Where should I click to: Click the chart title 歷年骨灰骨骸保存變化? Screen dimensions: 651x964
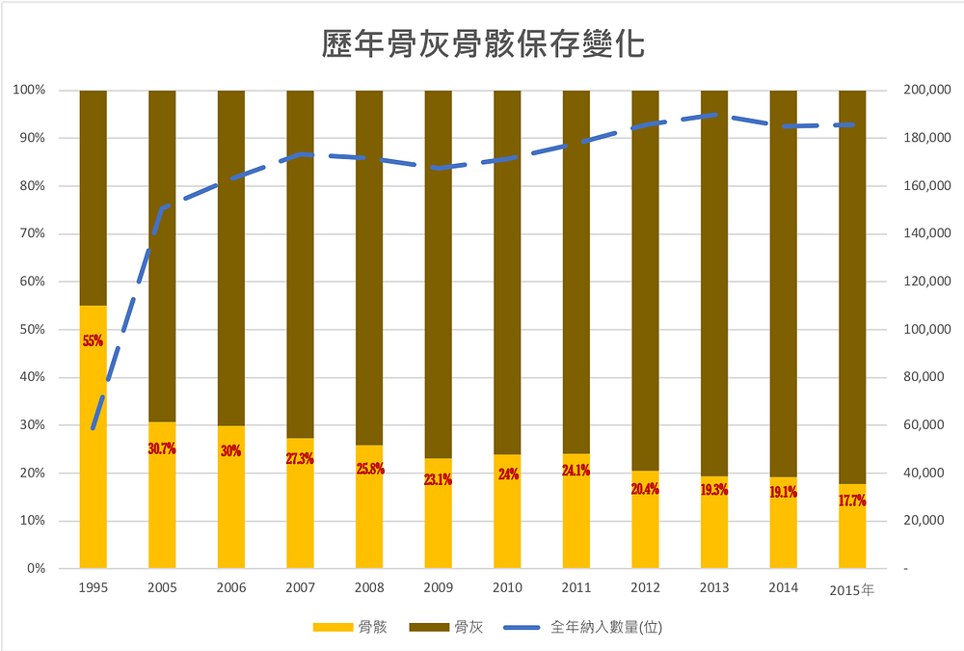coord(482,44)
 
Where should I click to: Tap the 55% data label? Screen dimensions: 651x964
coord(93,340)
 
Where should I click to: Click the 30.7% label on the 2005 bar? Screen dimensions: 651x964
coord(162,448)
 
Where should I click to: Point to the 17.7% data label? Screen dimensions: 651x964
coord(852,501)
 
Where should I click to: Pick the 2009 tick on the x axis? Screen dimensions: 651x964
coord(439,588)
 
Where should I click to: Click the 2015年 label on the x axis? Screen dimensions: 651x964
coord(851,589)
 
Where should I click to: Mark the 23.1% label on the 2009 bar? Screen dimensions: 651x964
coord(439,479)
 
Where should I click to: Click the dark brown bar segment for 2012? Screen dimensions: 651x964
coord(646,280)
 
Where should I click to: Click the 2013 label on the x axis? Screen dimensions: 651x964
coord(714,588)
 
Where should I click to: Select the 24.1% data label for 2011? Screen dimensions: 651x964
coord(576,471)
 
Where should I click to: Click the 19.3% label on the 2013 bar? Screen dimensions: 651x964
coord(714,490)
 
